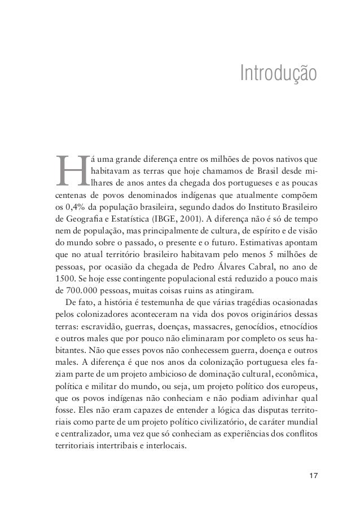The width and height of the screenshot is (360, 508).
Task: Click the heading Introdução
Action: pyautogui.click(x=278, y=73)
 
